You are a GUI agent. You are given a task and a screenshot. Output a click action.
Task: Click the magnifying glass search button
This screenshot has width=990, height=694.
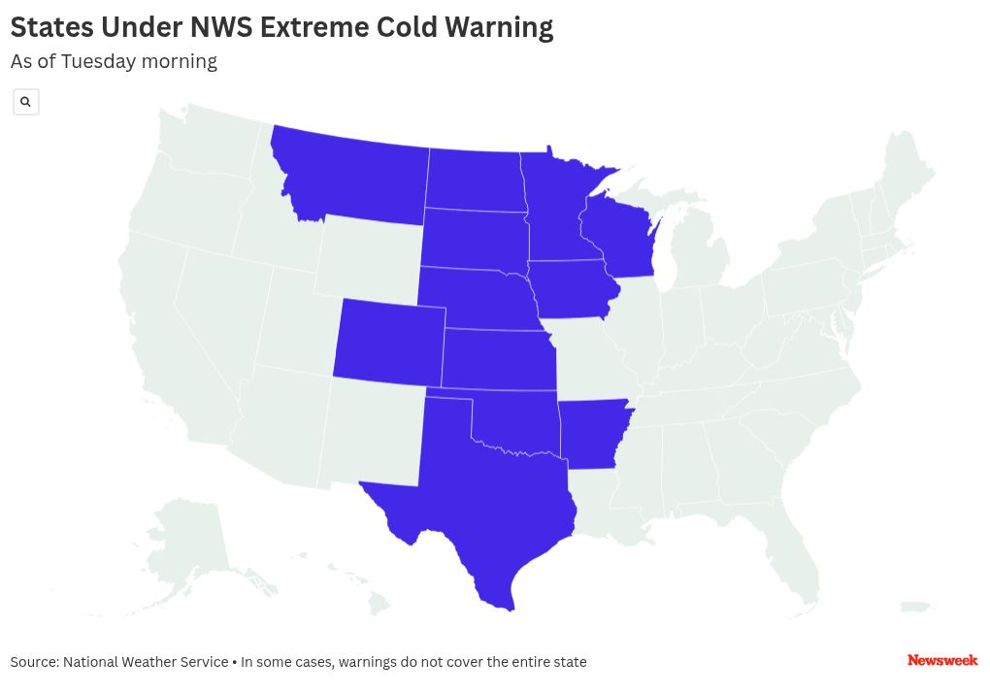pos(26,102)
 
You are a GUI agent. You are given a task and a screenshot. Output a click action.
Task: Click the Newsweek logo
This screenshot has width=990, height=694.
pos(941,660)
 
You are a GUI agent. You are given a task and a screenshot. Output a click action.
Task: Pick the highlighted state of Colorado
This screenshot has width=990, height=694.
pos(388,340)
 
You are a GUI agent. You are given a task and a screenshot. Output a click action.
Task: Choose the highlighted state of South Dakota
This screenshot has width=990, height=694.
pos(474,238)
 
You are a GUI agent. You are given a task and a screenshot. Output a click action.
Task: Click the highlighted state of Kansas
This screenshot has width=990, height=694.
pos(497,359)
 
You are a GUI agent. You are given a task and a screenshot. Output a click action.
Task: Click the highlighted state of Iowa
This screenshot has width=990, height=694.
pos(573,289)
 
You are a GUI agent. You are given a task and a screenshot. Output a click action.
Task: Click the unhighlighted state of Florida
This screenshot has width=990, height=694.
pos(796,553)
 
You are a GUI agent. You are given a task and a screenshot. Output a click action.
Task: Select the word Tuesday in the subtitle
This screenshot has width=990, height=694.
pos(98,61)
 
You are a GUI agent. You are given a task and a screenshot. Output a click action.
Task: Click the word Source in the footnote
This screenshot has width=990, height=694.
pos(34,662)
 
